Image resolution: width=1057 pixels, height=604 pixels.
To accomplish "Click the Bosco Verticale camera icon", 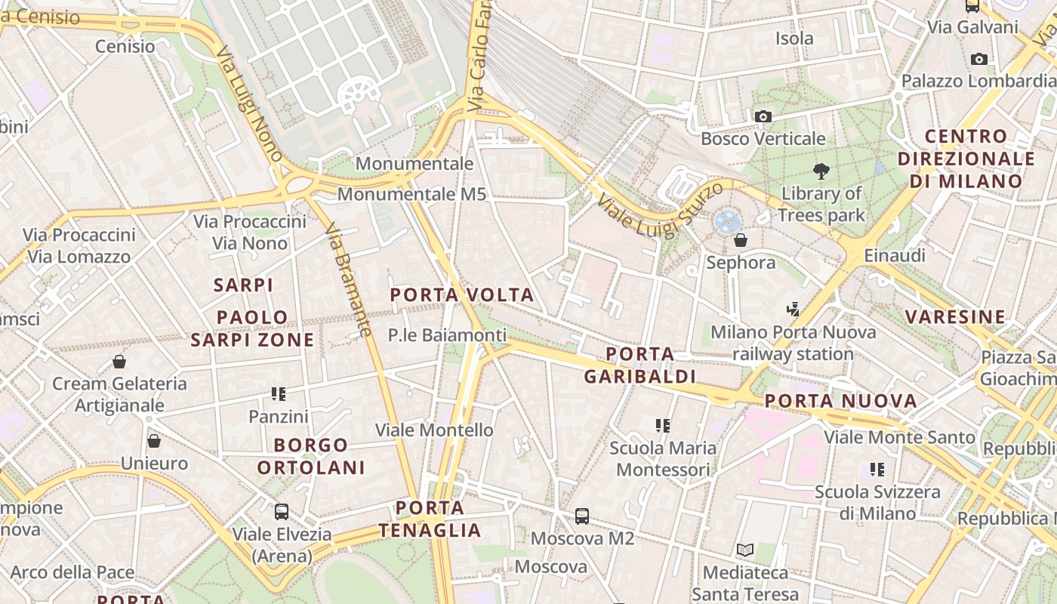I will [x=763, y=116].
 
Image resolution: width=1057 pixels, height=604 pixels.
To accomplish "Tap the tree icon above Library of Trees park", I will [x=821, y=171].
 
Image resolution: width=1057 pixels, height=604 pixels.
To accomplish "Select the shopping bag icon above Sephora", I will [x=741, y=240].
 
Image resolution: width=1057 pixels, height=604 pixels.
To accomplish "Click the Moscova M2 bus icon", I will [x=581, y=516].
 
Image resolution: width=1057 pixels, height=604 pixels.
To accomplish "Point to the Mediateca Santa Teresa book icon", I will [x=745, y=550].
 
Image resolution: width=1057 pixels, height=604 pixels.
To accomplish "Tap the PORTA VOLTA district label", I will [x=462, y=294].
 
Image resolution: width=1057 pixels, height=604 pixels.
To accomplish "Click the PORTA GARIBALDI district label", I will [x=640, y=365].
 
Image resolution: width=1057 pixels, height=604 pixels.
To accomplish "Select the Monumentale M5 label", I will [x=411, y=194].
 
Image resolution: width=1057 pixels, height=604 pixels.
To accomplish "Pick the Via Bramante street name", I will [x=350, y=280].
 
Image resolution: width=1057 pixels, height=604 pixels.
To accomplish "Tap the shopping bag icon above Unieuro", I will [x=154, y=441].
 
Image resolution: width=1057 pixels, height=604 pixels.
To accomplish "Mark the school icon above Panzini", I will [x=279, y=393].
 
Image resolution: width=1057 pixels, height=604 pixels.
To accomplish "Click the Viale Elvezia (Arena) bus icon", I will [x=282, y=511].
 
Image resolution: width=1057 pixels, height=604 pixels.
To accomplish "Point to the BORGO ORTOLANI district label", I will [x=311, y=456].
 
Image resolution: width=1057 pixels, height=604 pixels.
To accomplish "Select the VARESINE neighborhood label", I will [x=955, y=316].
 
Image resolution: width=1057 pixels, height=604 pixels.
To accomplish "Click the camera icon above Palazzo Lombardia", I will [x=979, y=59].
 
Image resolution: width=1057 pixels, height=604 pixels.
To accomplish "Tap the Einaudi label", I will [x=895, y=255].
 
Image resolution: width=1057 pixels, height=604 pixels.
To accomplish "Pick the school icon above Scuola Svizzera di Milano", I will [x=877, y=469].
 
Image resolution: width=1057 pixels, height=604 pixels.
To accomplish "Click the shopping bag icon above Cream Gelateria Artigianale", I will [x=119, y=362].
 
